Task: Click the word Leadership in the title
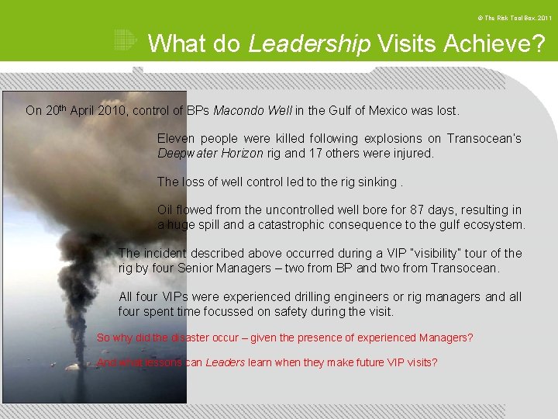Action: click(x=309, y=43)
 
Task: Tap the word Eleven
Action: click(x=175, y=139)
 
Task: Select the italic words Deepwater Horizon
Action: click(x=210, y=154)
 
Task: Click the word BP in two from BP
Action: click(x=345, y=268)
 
